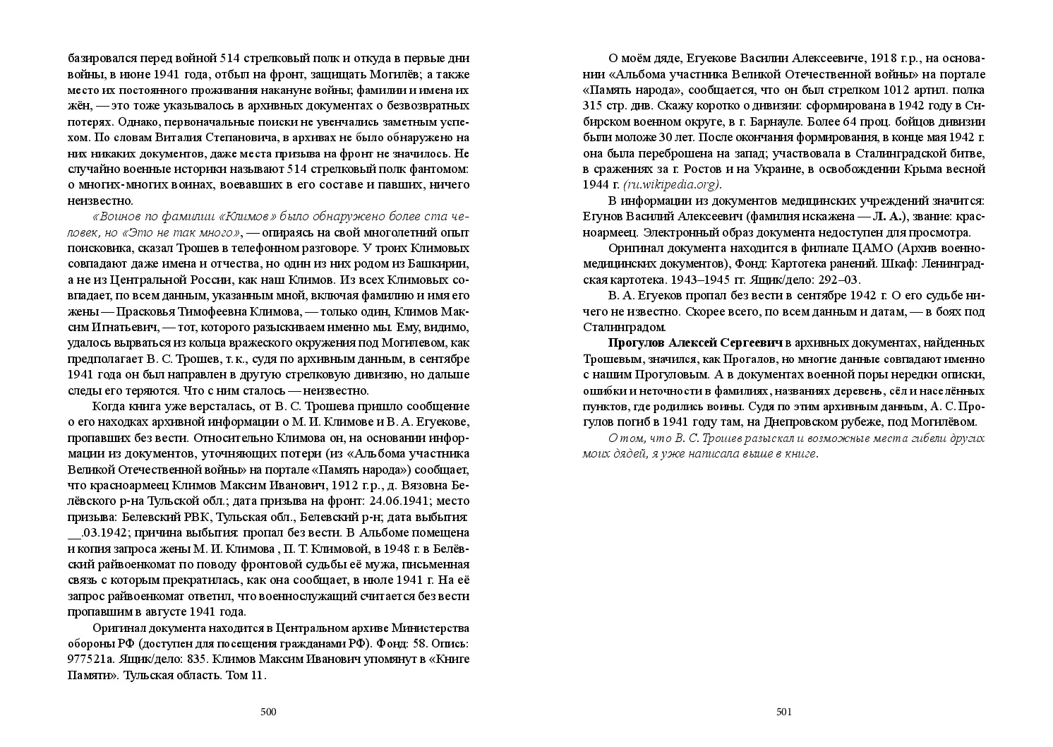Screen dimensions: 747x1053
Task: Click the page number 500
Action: pyautogui.click(x=268, y=712)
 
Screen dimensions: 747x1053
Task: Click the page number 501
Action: pyautogui.click(x=784, y=712)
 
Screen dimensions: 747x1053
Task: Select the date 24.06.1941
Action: pyautogui.click(x=387, y=501)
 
